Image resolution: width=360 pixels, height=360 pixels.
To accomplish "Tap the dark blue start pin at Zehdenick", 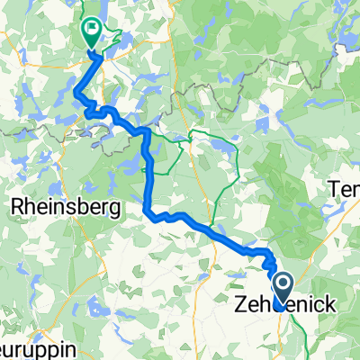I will click(x=282, y=290).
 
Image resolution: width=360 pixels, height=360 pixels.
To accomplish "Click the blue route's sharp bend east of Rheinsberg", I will click(x=146, y=211).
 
